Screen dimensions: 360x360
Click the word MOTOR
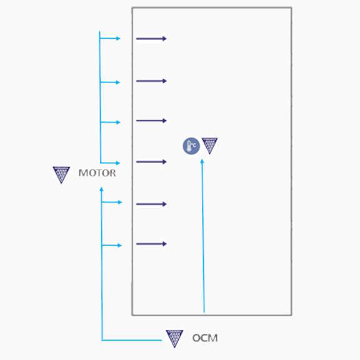click(97, 173)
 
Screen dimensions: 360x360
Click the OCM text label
click(205, 338)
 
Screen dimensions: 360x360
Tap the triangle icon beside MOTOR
click(61, 175)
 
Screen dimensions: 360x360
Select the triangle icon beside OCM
click(174, 339)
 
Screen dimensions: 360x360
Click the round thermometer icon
click(191, 146)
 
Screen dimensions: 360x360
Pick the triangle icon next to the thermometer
click(209, 146)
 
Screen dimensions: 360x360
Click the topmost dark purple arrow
click(151, 39)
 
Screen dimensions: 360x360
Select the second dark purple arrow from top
click(151, 81)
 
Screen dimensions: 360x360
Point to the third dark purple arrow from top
click(151, 121)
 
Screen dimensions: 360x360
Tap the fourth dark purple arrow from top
click(151, 162)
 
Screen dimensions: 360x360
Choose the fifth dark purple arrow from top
click(151, 204)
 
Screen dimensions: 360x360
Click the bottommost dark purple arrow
click(151, 244)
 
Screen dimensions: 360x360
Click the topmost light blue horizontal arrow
click(110, 38)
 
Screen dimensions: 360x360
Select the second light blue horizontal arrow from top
click(110, 82)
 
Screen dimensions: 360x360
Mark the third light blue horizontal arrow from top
click(111, 122)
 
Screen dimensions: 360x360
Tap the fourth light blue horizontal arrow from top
click(111, 163)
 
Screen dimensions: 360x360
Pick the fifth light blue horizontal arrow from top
click(112, 202)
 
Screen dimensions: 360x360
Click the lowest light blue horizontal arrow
click(112, 246)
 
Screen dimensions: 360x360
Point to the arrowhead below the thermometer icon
click(202, 161)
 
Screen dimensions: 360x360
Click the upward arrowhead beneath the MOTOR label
click(101, 189)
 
